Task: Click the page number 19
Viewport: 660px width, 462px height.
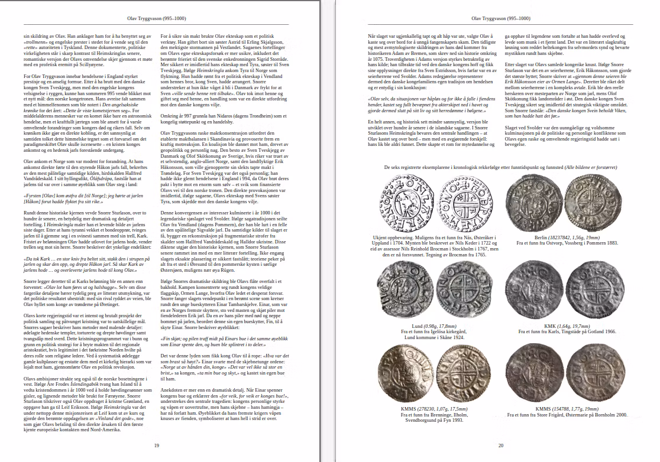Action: (x=156, y=445)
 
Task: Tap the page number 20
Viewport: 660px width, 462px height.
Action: (x=500, y=445)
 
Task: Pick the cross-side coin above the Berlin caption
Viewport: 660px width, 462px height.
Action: (x=590, y=201)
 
